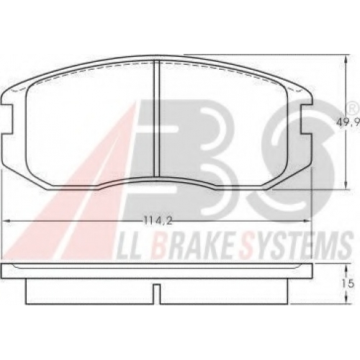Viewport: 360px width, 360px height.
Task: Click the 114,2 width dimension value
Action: tap(158, 221)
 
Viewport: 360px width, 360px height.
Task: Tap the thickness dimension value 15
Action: tap(348, 284)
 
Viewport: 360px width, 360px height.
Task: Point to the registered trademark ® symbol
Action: tap(351, 109)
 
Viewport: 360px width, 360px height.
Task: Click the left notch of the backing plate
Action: tap(7, 120)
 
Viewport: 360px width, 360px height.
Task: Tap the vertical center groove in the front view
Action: tap(156, 118)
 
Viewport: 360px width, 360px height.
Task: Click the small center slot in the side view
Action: tap(156, 294)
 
